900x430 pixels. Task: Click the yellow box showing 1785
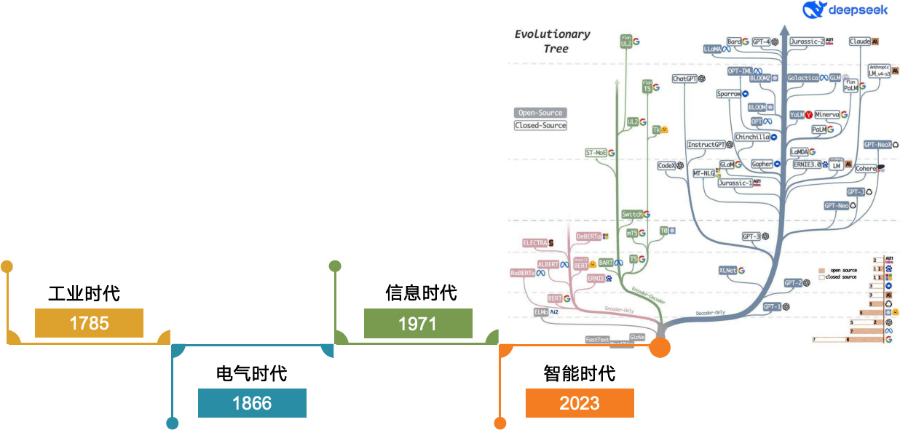pyautogui.click(x=89, y=323)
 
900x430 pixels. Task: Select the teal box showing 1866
pyautogui.click(x=252, y=403)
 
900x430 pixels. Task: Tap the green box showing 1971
pyautogui.click(x=418, y=323)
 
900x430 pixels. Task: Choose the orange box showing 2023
pyautogui.click(x=580, y=403)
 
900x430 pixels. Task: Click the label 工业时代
pyautogui.click(x=84, y=294)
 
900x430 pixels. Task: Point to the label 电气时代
pyautogui.click(x=252, y=374)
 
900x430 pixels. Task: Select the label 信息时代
pyautogui.click(x=421, y=292)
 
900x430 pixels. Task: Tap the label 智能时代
pyautogui.click(x=580, y=373)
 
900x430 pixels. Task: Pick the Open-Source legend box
pyautogui.click(x=540, y=113)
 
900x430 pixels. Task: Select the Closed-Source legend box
pyautogui.click(x=540, y=125)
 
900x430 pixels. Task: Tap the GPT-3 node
pyautogui.click(x=751, y=236)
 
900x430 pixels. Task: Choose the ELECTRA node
pyautogui.click(x=535, y=242)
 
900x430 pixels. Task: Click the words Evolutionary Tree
pyautogui.click(x=553, y=41)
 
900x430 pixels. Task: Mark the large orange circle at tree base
pyautogui.click(x=660, y=347)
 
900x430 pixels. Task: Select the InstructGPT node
pyautogui.click(x=706, y=145)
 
